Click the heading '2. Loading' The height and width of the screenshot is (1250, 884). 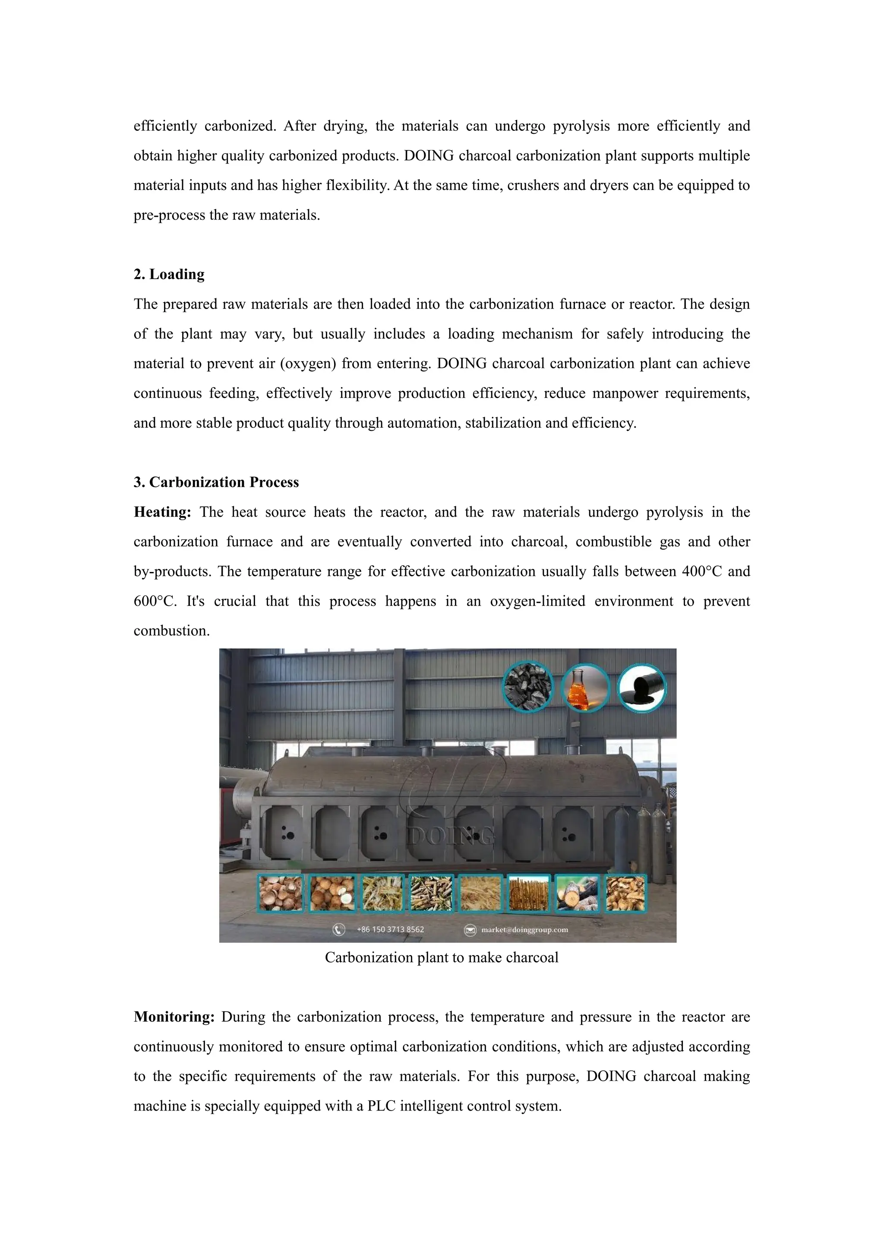pos(169,275)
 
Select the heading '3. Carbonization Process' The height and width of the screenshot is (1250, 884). pos(216,483)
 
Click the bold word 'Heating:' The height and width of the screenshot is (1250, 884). pos(162,512)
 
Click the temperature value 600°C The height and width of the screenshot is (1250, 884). pos(155,602)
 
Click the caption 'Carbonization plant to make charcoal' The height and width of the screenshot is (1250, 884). pos(442,958)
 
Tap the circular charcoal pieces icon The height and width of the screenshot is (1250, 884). pos(527,687)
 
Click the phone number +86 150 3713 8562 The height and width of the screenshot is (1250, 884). pos(390,929)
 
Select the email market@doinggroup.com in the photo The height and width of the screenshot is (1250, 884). pos(524,930)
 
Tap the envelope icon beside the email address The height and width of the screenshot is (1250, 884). pos(470,930)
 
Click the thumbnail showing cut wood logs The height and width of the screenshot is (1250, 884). pos(576,893)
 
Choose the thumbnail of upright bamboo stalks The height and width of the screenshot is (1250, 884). pos(528,893)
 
